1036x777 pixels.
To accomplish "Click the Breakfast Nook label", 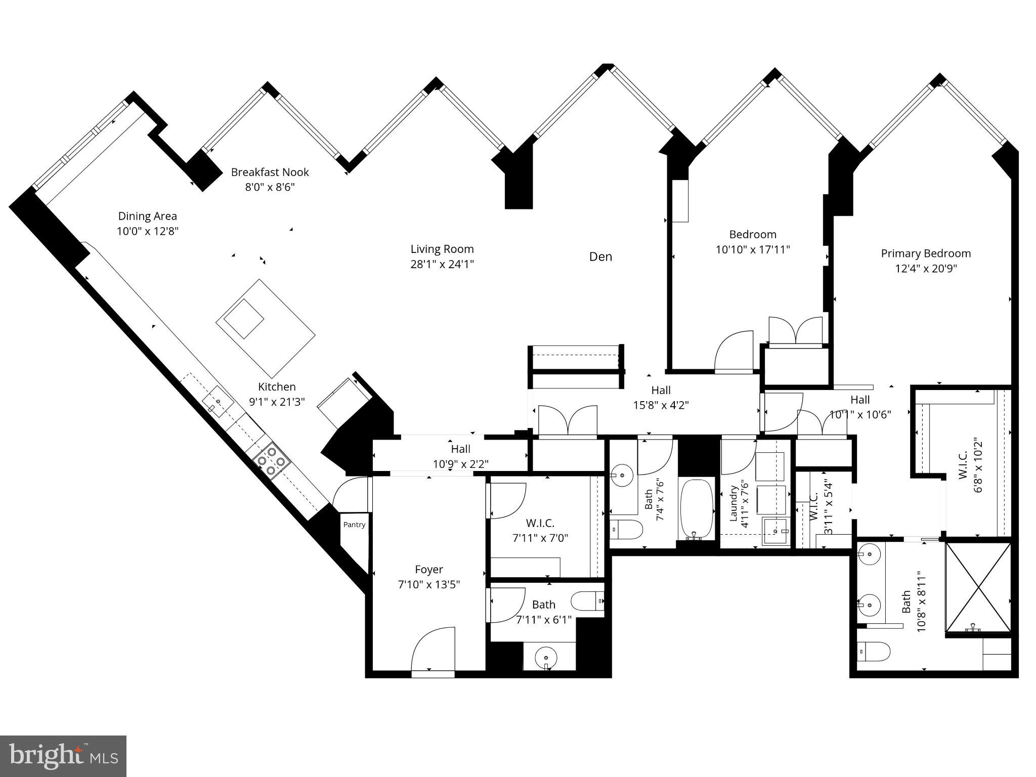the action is tap(270, 172).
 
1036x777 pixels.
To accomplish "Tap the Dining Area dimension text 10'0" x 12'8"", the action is tap(147, 231).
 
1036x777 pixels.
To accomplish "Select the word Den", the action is tap(600, 256).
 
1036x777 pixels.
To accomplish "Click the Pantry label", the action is tap(354, 525).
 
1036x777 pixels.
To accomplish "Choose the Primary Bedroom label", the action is tap(926, 253).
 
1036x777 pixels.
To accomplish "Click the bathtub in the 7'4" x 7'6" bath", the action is tap(697, 509).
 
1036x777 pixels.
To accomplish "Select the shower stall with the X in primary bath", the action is tap(978, 587).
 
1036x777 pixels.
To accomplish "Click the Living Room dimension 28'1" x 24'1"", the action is tap(442, 264).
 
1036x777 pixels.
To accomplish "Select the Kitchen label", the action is tap(277, 387).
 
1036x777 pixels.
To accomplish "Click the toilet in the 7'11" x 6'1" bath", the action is tap(588, 601).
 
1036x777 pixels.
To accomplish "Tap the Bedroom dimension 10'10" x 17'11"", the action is tap(753, 249).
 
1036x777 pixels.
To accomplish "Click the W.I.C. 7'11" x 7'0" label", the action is tap(540, 530).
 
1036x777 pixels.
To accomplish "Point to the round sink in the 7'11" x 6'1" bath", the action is tap(546, 657).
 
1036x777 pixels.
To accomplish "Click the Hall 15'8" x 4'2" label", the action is tap(661, 398).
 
